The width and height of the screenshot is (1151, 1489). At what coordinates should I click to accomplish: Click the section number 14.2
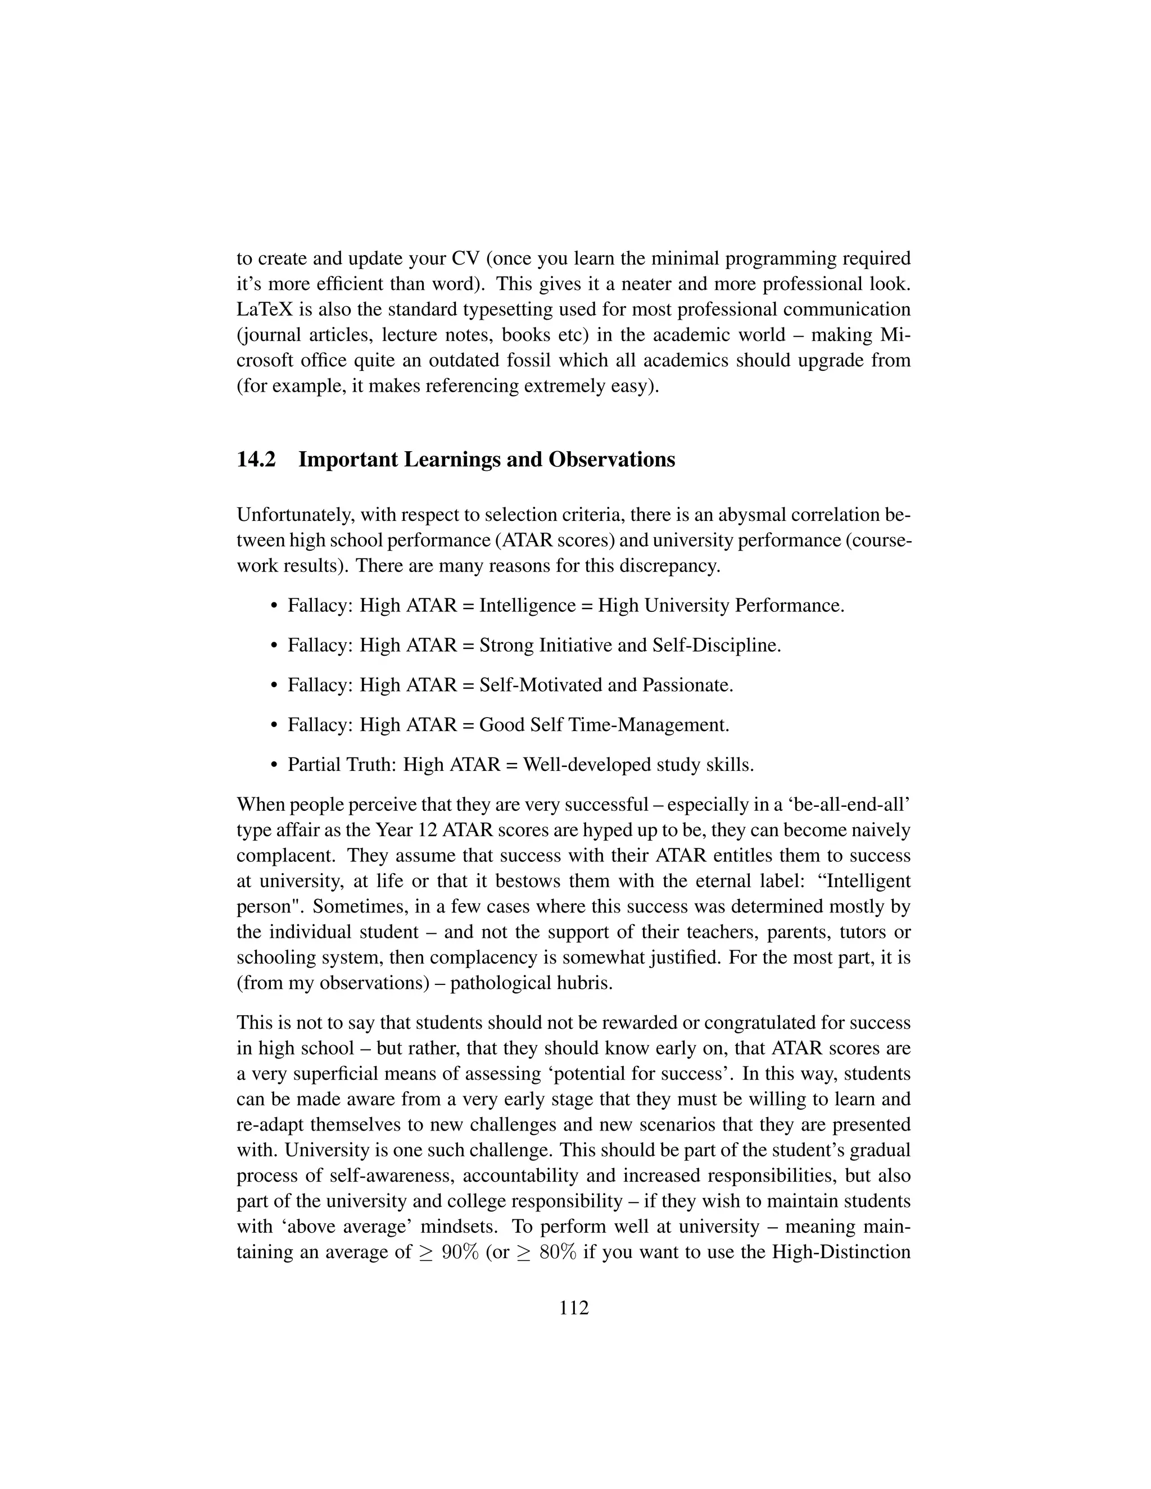256,460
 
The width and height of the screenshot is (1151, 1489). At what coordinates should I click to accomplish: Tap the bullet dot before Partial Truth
274,765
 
